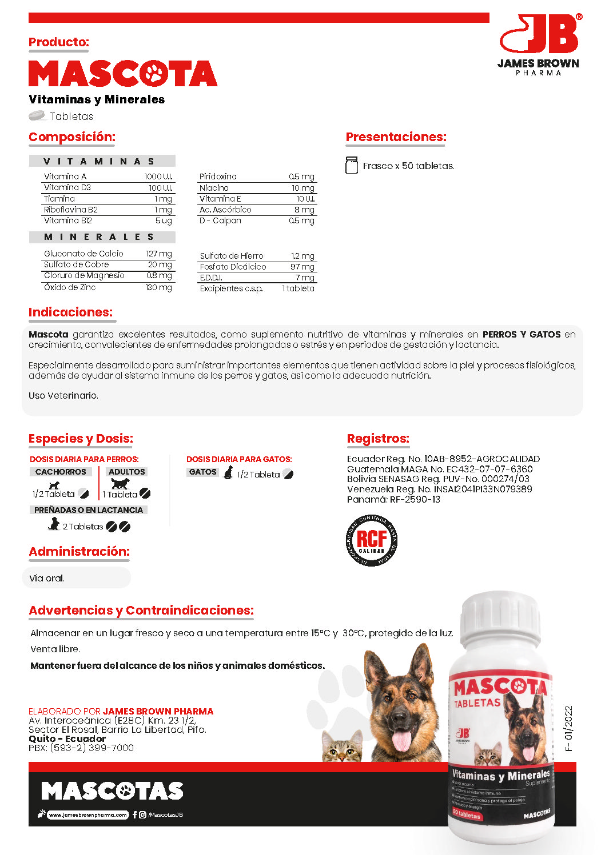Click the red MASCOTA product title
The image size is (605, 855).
(123, 74)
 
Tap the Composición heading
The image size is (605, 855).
(72, 137)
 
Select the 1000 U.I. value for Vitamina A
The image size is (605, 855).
(158, 176)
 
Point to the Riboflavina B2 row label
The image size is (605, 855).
(71, 210)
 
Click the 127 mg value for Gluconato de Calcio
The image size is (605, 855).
(158, 254)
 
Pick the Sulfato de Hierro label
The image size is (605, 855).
(232, 256)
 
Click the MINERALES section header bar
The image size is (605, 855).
(102, 237)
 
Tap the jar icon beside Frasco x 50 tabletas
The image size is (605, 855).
(352, 165)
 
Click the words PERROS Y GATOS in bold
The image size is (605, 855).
(521, 335)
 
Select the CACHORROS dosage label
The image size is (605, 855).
(61, 472)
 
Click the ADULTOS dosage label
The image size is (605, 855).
(127, 472)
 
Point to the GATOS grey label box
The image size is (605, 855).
(203, 472)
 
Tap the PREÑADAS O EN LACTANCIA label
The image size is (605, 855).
(89, 510)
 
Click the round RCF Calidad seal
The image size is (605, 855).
(372, 540)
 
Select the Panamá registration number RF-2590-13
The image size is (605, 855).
(415, 500)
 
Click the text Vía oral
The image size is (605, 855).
(47, 578)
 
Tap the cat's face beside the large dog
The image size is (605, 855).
(342, 748)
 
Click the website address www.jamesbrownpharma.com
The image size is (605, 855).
(87, 815)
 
